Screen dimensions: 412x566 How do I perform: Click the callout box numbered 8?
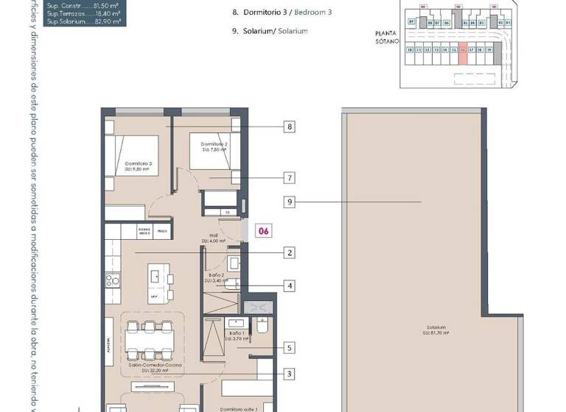tap(290, 127)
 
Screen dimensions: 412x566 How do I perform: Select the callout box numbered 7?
tap(290, 177)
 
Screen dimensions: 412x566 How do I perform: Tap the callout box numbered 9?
tap(290, 201)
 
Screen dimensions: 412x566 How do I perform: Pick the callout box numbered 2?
tap(290, 252)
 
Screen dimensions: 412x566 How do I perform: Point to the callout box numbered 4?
tap(290, 285)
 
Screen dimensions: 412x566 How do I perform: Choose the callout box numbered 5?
tap(290, 348)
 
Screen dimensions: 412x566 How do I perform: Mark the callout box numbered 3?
tap(290, 374)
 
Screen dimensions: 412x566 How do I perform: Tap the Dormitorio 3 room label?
tap(138, 166)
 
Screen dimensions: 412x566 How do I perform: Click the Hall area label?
tap(216, 238)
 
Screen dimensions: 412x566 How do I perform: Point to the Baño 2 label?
tap(217, 278)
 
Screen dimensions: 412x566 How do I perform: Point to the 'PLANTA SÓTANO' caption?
tap(386, 37)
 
